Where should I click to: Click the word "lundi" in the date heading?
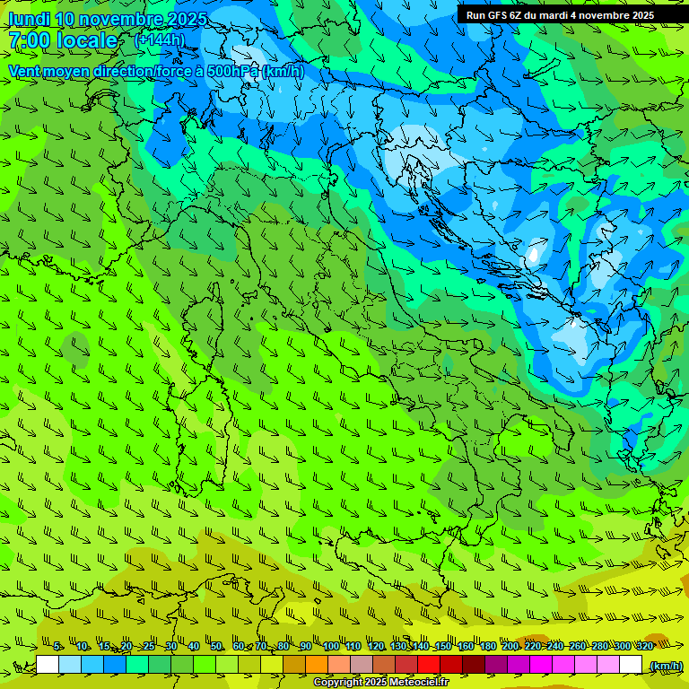[x=28, y=19]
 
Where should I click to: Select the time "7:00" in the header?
[x=28, y=40]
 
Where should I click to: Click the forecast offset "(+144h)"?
[x=160, y=40]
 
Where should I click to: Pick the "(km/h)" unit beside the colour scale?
[x=666, y=665]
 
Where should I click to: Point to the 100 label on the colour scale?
[x=331, y=647]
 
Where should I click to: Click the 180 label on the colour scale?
[x=487, y=647]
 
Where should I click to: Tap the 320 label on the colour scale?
[x=645, y=647]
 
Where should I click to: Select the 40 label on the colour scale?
[x=194, y=647]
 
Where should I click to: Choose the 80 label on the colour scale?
[x=283, y=647]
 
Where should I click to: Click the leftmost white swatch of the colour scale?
[x=48, y=665]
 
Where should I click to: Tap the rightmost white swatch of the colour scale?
[x=631, y=665]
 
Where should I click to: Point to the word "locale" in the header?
[x=87, y=40]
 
